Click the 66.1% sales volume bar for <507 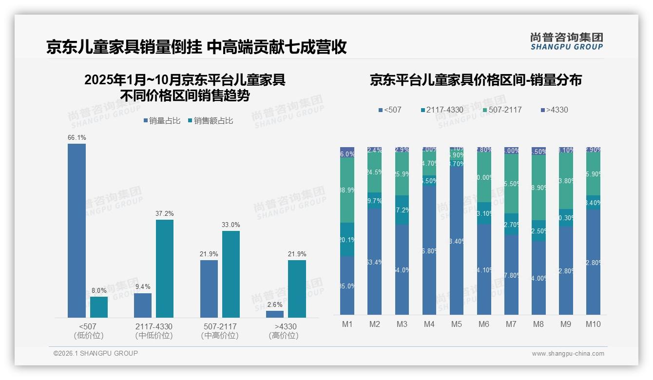[77, 230]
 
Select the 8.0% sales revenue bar [99, 307]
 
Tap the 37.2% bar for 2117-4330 [165, 268]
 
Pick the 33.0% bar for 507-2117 [231, 274]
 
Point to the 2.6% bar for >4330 [275, 314]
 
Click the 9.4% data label [143, 287]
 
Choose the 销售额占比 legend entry [210, 121]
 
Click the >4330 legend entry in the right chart [554, 110]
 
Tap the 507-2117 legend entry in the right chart [501, 110]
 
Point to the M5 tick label [456, 324]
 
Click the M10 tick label [593, 324]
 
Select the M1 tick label [347, 324]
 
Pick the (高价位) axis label [284, 336]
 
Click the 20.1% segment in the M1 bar [347, 239]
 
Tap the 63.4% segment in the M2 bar [374, 262]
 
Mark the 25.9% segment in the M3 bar [402, 174]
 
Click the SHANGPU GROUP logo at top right [566, 41]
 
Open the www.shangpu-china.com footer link [568, 354]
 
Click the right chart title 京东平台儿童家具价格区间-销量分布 [476, 80]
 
